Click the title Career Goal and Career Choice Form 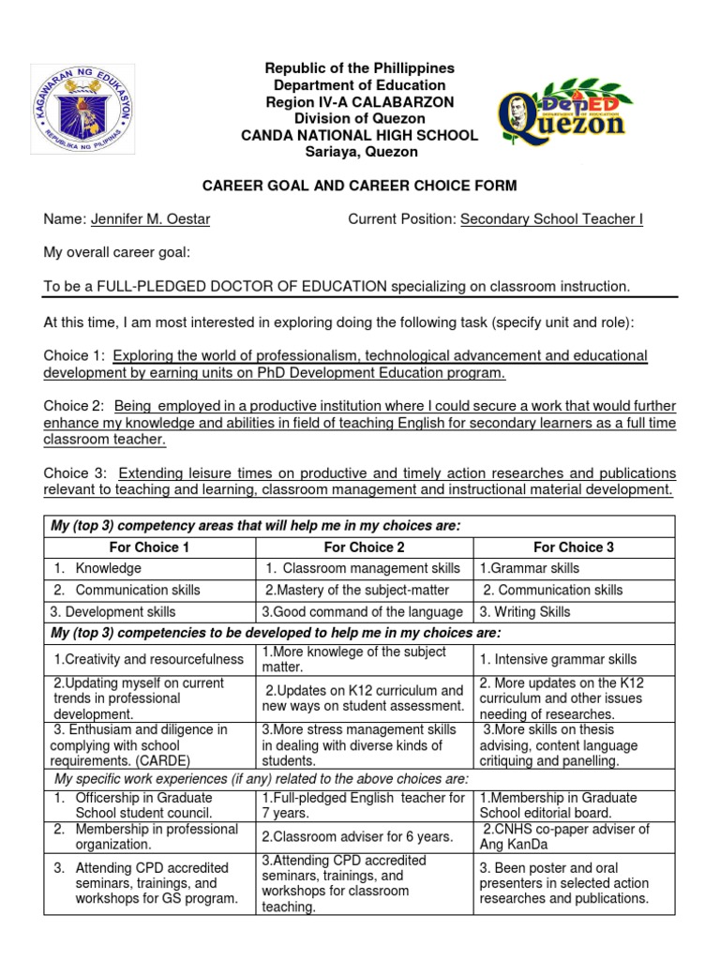coord(360,187)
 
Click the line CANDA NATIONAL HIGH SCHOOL coord(360,136)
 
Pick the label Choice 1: coord(74,355)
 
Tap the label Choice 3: coord(74,472)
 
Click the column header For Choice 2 coord(364,547)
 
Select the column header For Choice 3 coord(574,547)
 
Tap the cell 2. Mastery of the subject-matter coord(356,591)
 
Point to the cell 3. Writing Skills coord(524,612)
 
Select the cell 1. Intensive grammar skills coord(558,660)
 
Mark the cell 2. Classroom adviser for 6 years coord(358,836)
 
